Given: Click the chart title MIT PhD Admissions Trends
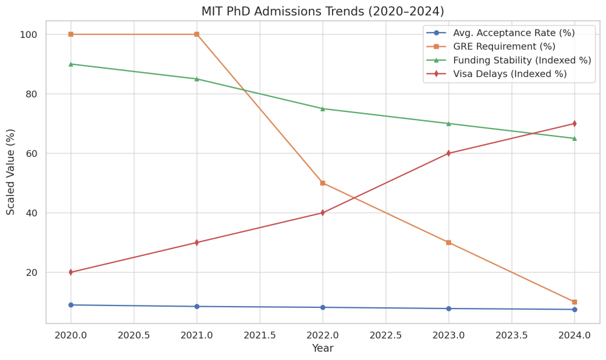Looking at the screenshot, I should tap(323, 11).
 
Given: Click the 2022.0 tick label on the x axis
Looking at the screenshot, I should tap(323, 335).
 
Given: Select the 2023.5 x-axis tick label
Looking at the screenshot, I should tap(511, 335).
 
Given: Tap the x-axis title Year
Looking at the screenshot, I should tap(323, 349).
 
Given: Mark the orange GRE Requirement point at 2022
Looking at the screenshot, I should tap(323, 183).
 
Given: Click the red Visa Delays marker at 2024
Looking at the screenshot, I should tap(574, 124).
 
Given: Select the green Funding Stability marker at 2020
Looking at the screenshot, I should tap(71, 64).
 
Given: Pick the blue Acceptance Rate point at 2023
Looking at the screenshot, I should tap(449, 308).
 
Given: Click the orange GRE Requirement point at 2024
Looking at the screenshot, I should tap(574, 302).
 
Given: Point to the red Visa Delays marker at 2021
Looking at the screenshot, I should tap(196, 243).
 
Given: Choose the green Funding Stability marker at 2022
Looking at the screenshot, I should tap(323, 108).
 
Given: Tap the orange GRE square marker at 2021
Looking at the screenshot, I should tap(196, 34).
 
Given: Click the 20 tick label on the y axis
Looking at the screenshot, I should tap(31, 272).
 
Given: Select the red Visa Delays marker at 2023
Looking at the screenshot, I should tap(449, 153).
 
